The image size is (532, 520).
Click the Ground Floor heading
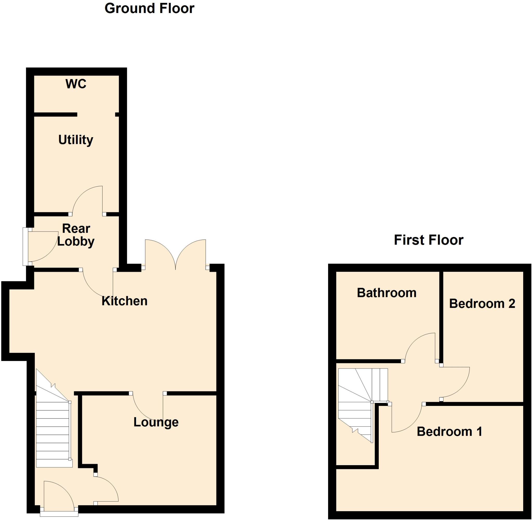tap(149, 9)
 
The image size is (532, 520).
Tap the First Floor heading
tap(429, 240)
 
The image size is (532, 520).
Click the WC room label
tap(76, 84)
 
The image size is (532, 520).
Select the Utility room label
tap(76, 140)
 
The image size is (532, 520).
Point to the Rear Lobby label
tap(76, 235)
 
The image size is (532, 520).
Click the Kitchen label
tap(124, 301)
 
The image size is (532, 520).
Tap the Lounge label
tap(156, 422)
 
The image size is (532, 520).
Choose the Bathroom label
tap(387, 293)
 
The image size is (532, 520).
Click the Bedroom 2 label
tap(482, 304)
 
